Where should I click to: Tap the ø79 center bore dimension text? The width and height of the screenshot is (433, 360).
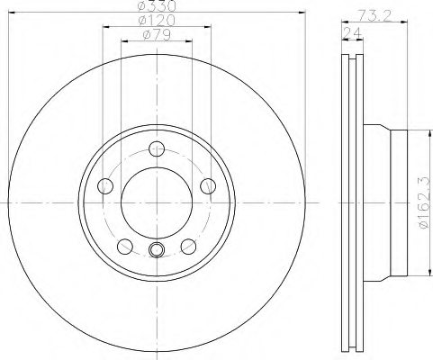(x=158, y=35)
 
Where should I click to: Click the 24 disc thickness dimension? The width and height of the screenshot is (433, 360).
(x=349, y=33)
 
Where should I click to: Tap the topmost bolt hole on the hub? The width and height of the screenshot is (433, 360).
(x=158, y=149)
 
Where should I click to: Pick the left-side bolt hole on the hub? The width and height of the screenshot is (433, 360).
(x=104, y=186)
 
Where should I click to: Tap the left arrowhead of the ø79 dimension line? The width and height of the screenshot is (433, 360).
(x=124, y=41)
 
